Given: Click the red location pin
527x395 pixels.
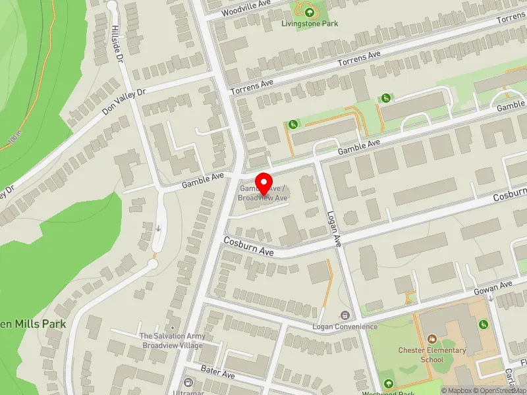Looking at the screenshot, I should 263,182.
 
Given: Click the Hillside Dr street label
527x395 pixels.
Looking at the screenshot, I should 118,43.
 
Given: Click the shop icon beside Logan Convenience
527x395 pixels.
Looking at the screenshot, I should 343,315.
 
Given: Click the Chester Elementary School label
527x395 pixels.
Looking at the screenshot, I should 432,355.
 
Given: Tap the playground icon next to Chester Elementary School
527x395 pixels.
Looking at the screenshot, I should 483,324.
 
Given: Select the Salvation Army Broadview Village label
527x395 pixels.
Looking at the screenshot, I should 173,340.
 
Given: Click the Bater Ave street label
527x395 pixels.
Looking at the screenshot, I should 218,374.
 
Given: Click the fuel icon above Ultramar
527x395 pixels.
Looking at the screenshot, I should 189,382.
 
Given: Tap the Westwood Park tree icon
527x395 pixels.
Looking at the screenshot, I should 388,383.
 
